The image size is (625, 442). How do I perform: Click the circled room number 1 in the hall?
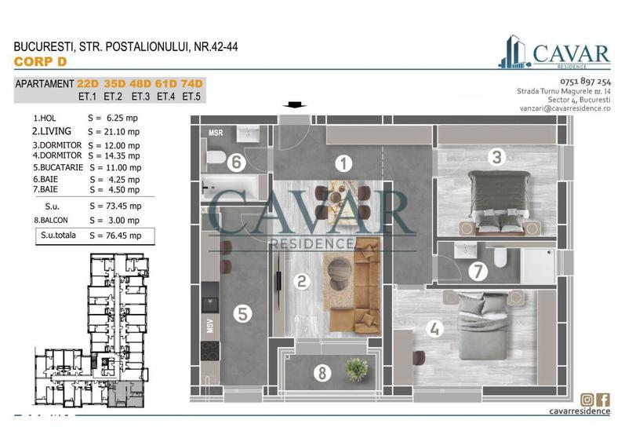342,163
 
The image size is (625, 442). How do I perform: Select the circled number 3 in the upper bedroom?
496,157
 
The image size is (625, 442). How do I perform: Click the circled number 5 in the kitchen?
243,314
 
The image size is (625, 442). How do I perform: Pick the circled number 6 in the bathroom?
234,163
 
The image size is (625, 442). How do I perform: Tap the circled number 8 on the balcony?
321,374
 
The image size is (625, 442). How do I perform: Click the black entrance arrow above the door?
296,105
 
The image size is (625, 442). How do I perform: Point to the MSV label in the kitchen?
210,327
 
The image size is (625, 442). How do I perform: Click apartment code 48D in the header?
140,84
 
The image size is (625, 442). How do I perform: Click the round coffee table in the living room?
340,266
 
